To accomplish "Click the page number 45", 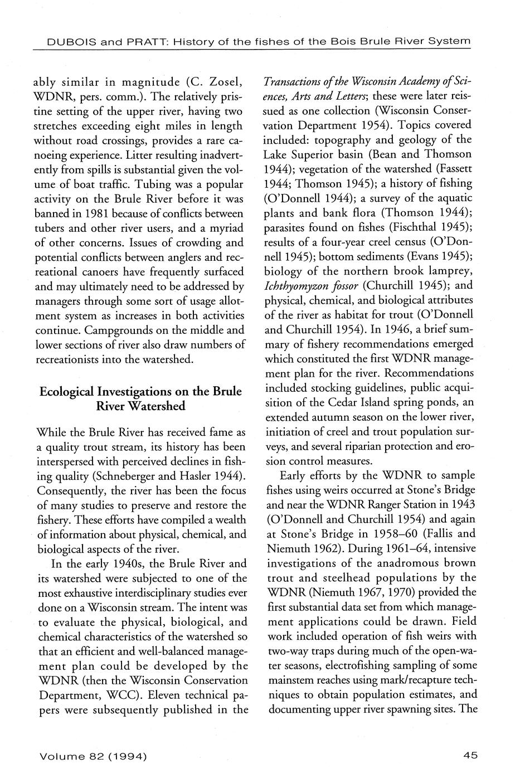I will click(470, 756).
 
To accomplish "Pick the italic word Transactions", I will click(298, 82).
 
